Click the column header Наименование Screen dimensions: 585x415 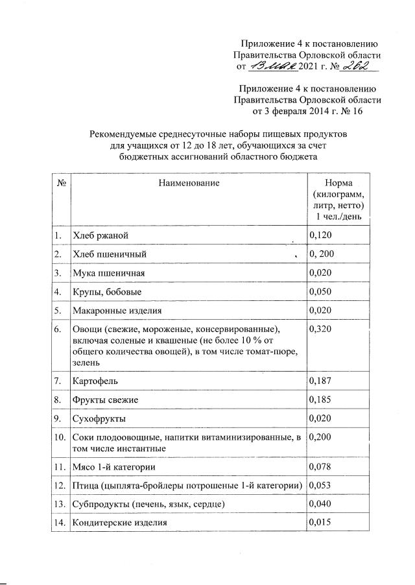tap(189, 184)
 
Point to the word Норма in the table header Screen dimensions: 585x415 tap(338, 184)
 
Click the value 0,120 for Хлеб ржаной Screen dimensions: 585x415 tap(322, 234)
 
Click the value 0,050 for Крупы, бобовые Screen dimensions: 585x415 tap(322, 292)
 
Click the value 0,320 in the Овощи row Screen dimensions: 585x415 tap(322, 329)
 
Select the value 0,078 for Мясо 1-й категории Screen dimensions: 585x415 tap(322, 466)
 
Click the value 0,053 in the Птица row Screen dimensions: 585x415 tap(322, 485)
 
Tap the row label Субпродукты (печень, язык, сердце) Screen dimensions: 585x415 tap(149, 504)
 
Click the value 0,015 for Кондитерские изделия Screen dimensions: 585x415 tap(322, 522)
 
